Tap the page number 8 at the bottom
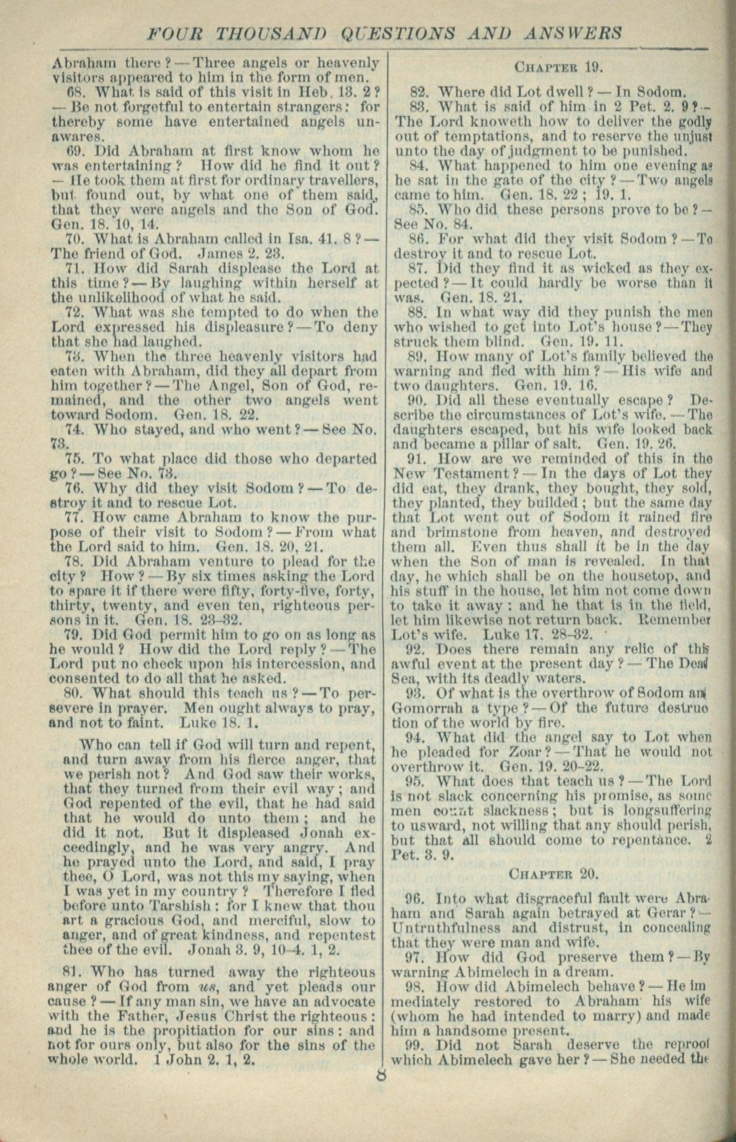click(x=381, y=1074)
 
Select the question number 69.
click(x=76, y=150)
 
